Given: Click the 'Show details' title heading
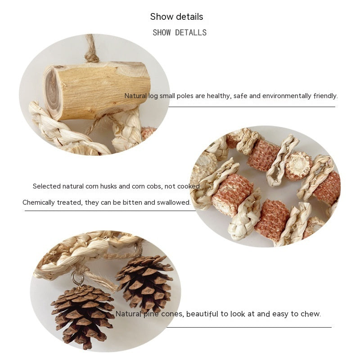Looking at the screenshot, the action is (x=176, y=17).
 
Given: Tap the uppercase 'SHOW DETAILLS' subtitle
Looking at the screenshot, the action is (x=180, y=32).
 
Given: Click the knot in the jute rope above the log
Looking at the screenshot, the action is (x=92, y=57).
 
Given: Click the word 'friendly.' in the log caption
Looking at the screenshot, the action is (x=326, y=96).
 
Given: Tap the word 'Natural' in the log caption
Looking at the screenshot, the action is (x=135, y=96).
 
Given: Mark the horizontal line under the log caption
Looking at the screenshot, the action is (x=252, y=107).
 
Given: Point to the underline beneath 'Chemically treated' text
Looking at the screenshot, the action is (x=110, y=211).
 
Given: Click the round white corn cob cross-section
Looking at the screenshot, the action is (x=298, y=166).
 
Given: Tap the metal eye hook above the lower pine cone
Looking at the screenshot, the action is (x=77, y=278).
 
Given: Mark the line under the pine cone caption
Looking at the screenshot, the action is (x=249, y=327).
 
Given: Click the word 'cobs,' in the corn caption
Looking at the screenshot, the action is (x=154, y=186).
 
